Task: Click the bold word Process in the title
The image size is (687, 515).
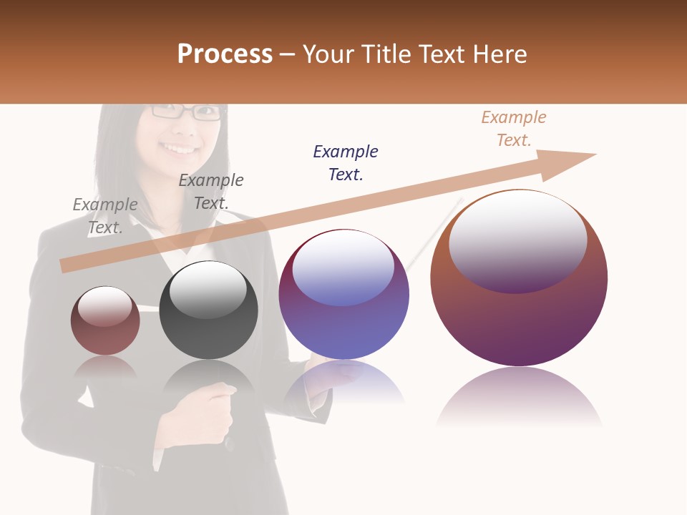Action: pos(225,54)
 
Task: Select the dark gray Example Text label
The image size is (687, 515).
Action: pos(211,192)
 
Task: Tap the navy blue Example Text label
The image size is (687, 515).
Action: pos(346,163)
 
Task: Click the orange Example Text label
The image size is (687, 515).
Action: pos(514,129)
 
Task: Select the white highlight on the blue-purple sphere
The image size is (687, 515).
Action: pos(343,268)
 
